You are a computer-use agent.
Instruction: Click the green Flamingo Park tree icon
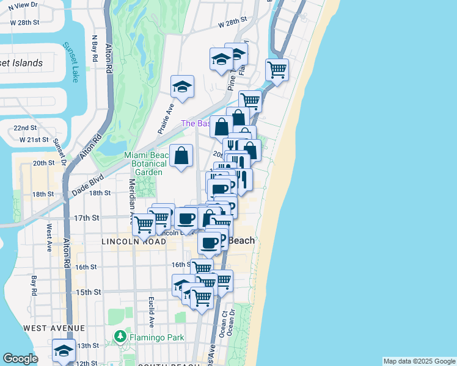(x=120, y=336)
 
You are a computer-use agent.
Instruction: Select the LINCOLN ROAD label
(x=134, y=242)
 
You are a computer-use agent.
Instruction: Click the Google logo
(x=20, y=359)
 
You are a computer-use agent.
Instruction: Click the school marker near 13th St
(x=64, y=350)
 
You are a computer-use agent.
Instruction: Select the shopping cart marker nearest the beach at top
(x=277, y=69)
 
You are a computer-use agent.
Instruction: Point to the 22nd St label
(x=26, y=128)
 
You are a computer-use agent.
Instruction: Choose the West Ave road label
(x=49, y=237)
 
